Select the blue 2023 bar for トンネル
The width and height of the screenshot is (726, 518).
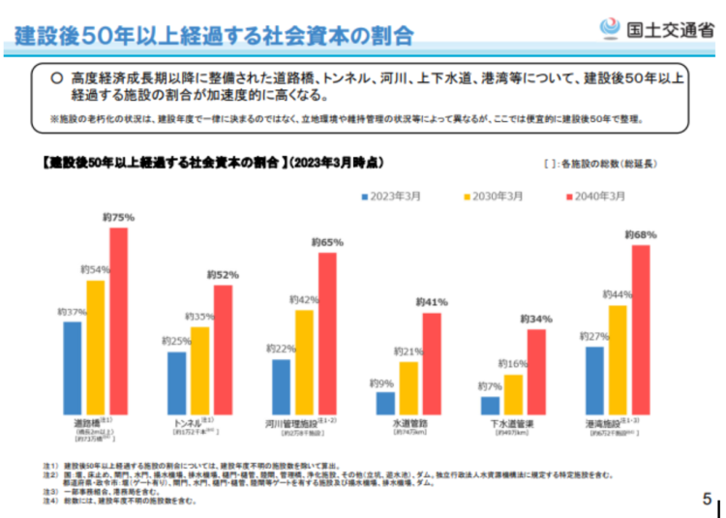[x=176, y=383]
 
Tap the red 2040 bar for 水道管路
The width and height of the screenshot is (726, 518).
[x=432, y=364]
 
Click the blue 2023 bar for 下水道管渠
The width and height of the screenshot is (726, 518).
[x=491, y=406]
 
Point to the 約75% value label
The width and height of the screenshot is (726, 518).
[x=118, y=218]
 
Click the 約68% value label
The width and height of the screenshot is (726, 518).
[x=641, y=234]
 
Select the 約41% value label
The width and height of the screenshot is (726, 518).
[x=433, y=302]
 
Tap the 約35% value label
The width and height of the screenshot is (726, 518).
[x=199, y=317]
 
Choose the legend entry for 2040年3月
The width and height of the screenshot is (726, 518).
[x=593, y=196]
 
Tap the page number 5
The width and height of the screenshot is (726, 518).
[x=707, y=500]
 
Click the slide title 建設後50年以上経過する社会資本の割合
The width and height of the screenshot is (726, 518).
[x=214, y=36]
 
